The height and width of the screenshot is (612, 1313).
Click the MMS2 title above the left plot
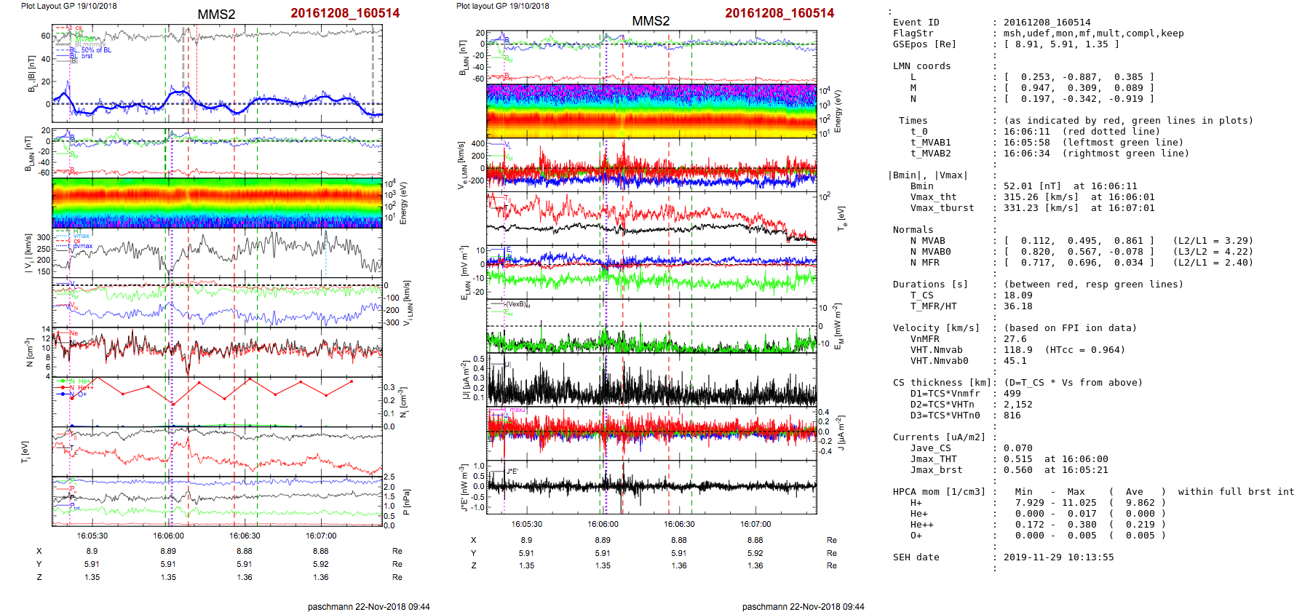click(216, 15)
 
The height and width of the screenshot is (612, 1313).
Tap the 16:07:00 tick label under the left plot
click(321, 536)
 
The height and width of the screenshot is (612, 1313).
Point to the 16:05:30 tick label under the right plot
click(526, 524)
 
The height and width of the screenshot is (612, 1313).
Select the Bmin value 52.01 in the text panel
click(1018, 186)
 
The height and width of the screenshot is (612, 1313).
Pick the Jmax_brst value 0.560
click(1018, 470)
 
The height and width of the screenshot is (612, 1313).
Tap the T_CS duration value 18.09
click(1018, 295)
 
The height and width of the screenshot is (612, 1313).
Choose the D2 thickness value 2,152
click(1018, 405)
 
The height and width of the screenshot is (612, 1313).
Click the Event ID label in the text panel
click(916, 23)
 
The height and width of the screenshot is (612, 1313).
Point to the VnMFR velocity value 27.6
click(1015, 339)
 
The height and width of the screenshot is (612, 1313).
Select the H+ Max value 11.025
click(1079, 503)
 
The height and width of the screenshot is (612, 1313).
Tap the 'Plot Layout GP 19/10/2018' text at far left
click(68, 6)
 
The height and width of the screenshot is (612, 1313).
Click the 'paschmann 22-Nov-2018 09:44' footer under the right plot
click(803, 606)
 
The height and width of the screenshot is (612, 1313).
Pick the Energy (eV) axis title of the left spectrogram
click(404, 203)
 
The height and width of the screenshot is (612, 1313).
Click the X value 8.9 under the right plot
click(526, 540)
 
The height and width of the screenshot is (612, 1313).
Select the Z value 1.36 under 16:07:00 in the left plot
click(321, 577)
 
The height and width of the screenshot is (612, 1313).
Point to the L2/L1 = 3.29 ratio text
click(1213, 241)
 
